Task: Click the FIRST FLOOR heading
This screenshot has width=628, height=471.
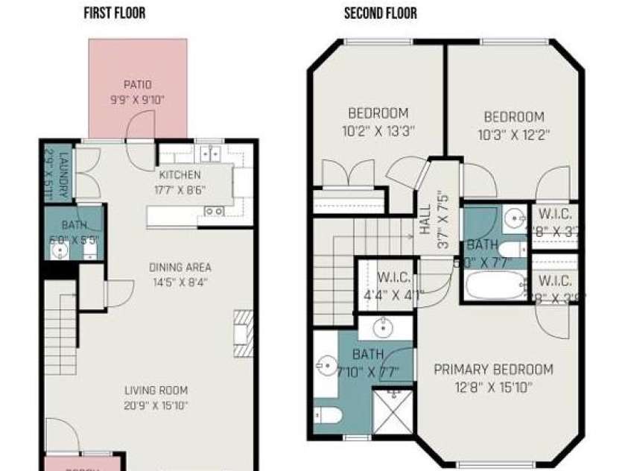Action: click(x=115, y=13)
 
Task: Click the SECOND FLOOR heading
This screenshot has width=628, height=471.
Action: click(x=380, y=13)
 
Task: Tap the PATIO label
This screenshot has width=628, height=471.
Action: click(x=138, y=85)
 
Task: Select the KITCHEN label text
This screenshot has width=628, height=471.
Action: click(x=180, y=175)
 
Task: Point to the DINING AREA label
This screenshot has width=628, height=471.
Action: click(x=180, y=268)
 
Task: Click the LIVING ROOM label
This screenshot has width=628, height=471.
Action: click(x=156, y=391)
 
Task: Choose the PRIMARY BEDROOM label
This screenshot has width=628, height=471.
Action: click(x=493, y=370)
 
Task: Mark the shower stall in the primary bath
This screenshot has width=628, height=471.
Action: click(x=393, y=410)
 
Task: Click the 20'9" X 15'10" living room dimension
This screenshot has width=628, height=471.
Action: click(x=156, y=406)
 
